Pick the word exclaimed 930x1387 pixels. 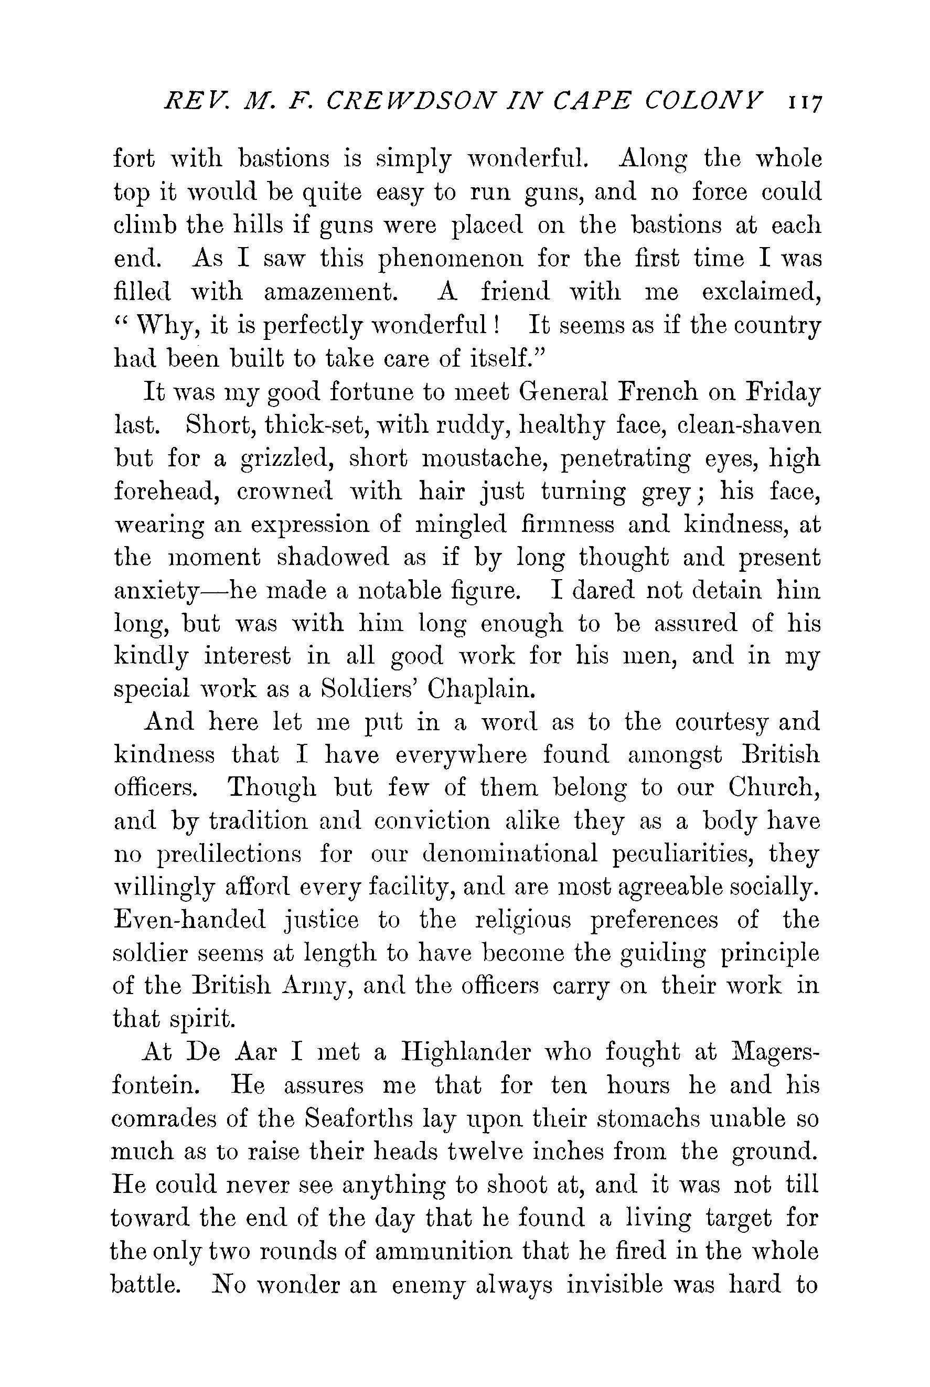click(762, 293)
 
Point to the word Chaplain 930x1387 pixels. click(495, 690)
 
